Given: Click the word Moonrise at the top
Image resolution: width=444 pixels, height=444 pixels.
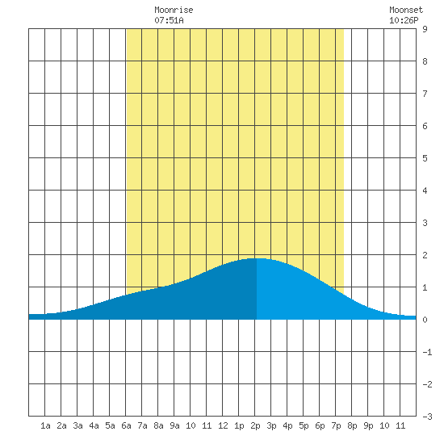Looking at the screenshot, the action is [x=174, y=10].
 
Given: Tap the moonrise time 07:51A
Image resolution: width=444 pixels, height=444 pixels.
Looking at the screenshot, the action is [x=169, y=20].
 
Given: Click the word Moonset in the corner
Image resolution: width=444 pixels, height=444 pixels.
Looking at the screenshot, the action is [x=406, y=10].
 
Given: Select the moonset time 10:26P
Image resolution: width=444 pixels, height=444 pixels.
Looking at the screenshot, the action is [x=404, y=20].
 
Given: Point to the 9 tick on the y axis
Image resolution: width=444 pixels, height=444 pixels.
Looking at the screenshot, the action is [x=425, y=29].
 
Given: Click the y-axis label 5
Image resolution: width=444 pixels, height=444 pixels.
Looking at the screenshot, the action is [x=425, y=158].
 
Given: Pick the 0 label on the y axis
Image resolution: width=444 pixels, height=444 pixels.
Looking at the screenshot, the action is [x=425, y=320].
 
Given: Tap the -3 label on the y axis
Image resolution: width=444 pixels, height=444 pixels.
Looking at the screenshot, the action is [x=427, y=417].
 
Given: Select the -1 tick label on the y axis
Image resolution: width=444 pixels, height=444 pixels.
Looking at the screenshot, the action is [x=427, y=352].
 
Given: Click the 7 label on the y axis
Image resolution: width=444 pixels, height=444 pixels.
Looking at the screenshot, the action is [x=425, y=94].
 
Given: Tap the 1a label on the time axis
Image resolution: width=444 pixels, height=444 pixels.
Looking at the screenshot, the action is [x=45, y=425].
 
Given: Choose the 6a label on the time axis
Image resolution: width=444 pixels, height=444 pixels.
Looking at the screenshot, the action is [x=126, y=425].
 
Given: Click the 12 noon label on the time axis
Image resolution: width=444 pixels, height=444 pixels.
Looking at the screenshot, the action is [x=223, y=425].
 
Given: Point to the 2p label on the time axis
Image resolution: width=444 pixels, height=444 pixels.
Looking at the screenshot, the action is [x=255, y=426].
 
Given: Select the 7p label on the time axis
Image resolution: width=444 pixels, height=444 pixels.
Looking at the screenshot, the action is [x=336, y=426].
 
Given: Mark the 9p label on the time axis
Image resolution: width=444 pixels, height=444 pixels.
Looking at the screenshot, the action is [x=368, y=426].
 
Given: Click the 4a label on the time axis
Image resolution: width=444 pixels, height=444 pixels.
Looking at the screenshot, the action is [x=94, y=425].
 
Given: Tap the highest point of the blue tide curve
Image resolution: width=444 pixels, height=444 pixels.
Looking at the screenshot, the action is [x=257, y=258].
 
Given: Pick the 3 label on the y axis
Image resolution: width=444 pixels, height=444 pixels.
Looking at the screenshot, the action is [x=425, y=223].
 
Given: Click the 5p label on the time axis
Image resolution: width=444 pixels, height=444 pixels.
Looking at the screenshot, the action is [x=304, y=426].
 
